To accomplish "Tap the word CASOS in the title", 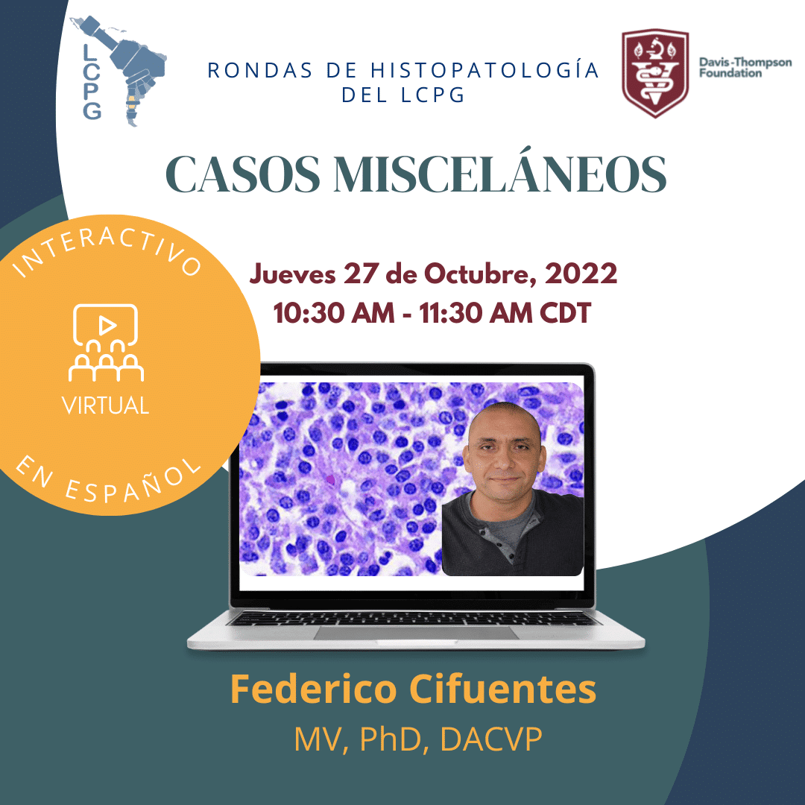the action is (243, 174).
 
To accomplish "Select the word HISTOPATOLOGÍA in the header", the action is (484, 70).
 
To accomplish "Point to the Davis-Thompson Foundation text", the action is (745, 68).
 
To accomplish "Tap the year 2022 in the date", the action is (581, 273).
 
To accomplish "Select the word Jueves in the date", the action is (292, 273).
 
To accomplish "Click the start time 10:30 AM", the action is (334, 312).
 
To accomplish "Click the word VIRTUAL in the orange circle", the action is (106, 405).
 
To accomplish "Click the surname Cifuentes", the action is (502, 689).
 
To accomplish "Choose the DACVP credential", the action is (490, 739).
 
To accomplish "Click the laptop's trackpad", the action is (416, 633).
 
